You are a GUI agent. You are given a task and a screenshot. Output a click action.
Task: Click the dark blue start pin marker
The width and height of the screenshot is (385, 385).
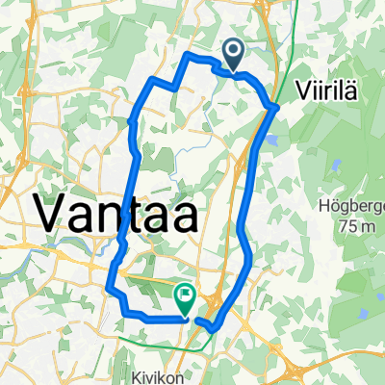(x=234, y=52)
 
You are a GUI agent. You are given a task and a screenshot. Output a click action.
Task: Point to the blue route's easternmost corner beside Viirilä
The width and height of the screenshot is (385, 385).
(x=276, y=107)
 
